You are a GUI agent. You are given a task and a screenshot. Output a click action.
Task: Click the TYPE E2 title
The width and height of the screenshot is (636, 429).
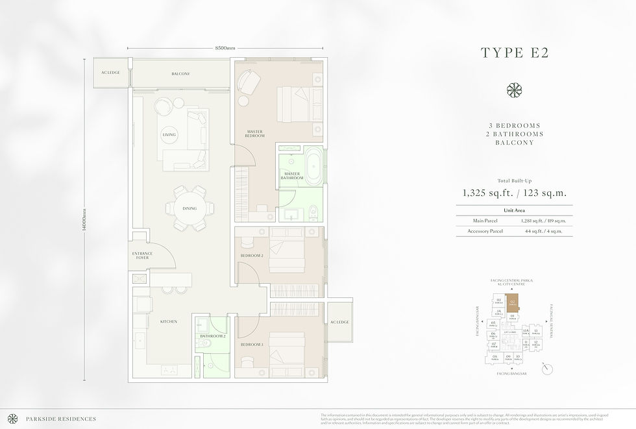[514, 53]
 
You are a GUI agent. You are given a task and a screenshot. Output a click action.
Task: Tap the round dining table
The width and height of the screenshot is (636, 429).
[190, 208]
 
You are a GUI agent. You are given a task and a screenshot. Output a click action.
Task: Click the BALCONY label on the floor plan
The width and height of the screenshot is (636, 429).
[180, 74]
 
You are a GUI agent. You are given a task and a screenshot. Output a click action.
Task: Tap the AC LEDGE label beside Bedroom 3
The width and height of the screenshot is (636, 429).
[339, 322]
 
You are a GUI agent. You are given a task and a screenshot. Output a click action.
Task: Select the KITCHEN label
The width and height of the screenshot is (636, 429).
[169, 321]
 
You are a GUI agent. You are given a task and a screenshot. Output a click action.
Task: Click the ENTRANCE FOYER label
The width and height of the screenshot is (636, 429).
[142, 256]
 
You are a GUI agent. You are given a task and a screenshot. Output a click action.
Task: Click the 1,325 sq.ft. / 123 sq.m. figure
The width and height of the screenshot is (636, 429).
[514, 192]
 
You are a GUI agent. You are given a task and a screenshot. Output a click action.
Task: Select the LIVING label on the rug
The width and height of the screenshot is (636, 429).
[169, 135]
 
